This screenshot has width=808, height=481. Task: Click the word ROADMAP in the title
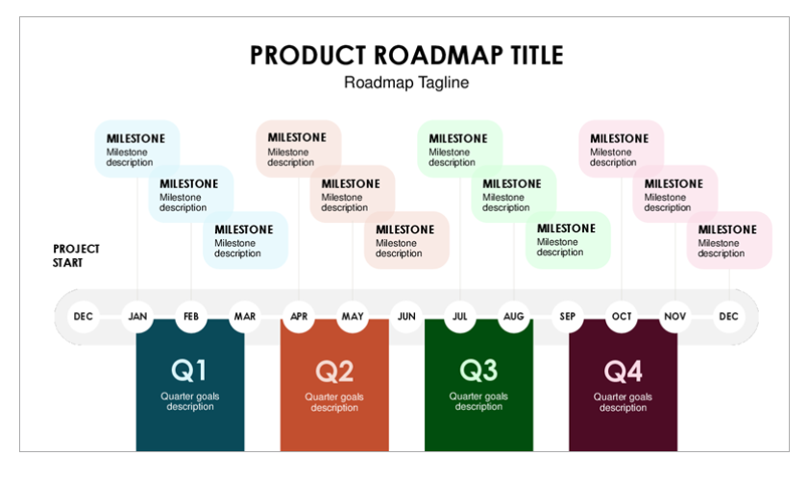click(x=438, y=55)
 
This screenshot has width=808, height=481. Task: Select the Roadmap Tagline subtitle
click(x=406, y=83)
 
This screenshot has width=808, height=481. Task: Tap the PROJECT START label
click(x=76, y=255)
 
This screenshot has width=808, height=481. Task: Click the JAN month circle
click(x=137, y=316)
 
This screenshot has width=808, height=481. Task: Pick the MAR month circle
click(x=245, y=316)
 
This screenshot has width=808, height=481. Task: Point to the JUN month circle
click(x=406, y=316)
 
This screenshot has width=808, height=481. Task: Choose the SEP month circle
click(x=568, y=316)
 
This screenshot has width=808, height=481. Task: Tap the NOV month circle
click(x=675, y=316)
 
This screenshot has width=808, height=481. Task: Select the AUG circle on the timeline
click(x=514, y=316)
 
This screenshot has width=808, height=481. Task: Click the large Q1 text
click(x=189, y=371)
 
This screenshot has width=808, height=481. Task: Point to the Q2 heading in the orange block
click(x=334, y=371)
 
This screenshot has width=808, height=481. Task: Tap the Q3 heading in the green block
click(x=478, y=371)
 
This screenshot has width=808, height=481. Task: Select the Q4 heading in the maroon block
click(x=623, y=371)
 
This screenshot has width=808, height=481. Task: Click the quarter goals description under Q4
click(x=623, y=402)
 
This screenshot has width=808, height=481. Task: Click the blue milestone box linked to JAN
click(x=137, y=149)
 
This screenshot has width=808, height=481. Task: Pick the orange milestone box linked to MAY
click(x=353, y=194)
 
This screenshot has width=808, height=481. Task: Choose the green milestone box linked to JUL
click(x=459, y=149)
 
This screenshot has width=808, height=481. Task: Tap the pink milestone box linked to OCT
click(x=621, y=149)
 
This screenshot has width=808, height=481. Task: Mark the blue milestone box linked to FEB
click(x=191, y=194)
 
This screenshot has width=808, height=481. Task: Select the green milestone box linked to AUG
click(x=514, y=194)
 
